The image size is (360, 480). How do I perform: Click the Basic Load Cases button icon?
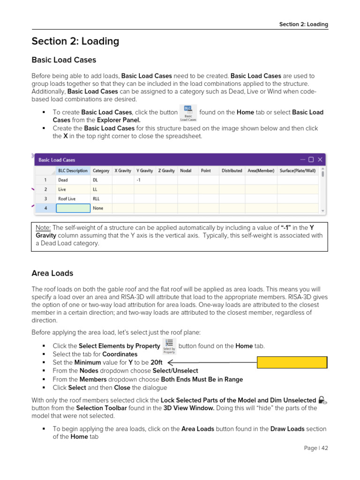click(188, 113)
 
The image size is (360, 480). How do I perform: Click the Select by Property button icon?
click(169, 346)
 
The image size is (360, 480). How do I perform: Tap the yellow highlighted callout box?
click(292, 362)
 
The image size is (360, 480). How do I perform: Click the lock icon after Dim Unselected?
click(322, 400)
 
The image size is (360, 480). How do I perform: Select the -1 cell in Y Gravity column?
click(138, 180)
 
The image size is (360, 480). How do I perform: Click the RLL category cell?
click(96, 199)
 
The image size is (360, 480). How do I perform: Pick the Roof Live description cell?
click(67, 199)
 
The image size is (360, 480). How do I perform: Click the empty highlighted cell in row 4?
click(72, 208)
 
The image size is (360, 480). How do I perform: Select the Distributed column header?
click(232, 171)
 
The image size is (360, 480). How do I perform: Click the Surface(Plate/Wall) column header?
click(298, 171)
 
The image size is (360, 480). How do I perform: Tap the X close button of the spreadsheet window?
click(320, 159)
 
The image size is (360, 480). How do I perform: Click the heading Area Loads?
click(52, 273)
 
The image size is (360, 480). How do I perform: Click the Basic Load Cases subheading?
click(64, 60)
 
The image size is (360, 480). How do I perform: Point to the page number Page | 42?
click(315, 448)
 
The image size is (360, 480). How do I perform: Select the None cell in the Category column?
click(98, 208)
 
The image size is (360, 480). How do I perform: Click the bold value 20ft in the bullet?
click(157, 363)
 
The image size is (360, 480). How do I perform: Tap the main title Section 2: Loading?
click(75, 41)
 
